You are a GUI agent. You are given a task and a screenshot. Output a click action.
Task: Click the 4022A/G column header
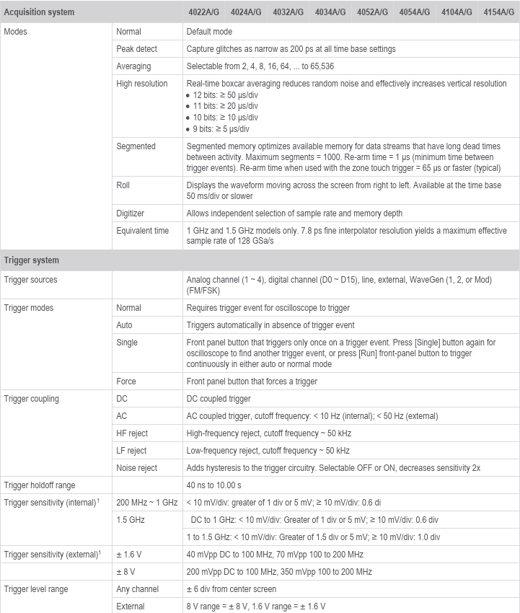pos(205,12)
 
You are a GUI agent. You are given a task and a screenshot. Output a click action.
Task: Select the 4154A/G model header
pos(498,12)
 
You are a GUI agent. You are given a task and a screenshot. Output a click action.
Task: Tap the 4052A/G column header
pos(372,12)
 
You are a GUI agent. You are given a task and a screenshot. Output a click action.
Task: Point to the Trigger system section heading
pos(32,260)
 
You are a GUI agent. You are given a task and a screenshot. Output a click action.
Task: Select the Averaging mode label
pos(133,66)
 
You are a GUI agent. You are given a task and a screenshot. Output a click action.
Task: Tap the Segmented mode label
pos(136,146)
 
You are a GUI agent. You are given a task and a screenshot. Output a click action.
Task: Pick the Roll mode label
pos(123,185)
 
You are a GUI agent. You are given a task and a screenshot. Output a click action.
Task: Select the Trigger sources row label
pos(31,280)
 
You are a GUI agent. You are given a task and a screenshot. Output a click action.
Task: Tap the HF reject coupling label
pos(131,433)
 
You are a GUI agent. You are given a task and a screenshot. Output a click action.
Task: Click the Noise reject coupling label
pos(136,468)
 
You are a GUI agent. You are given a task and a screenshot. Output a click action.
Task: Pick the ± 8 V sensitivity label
pos(127,572)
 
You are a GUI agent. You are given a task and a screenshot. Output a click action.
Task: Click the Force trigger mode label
pos(126,382)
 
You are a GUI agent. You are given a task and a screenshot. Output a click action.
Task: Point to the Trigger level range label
pos(36,589)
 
